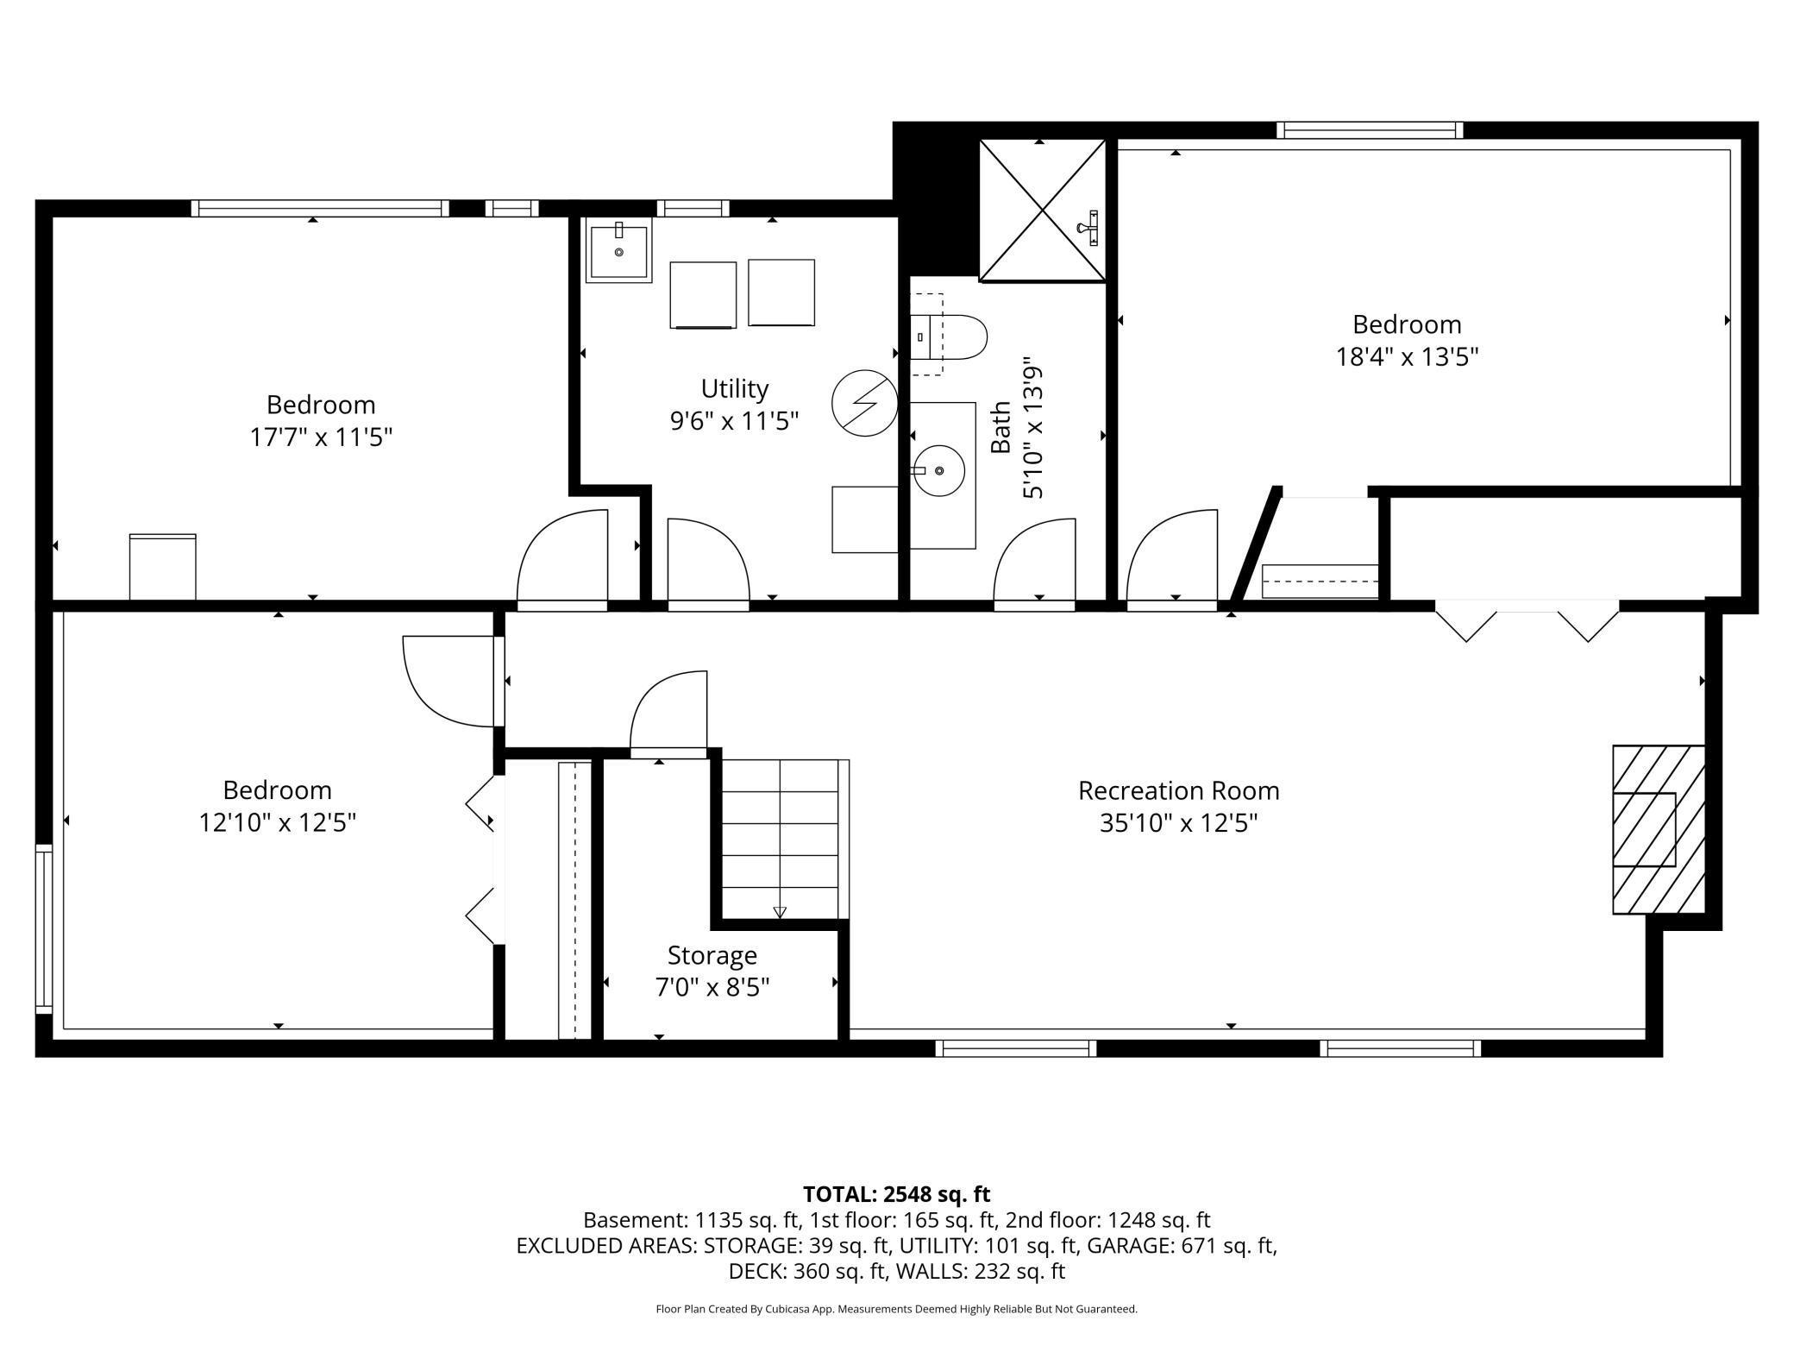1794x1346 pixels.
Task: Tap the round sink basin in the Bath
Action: click(939, 470)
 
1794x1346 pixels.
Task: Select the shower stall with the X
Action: click(1043, 211)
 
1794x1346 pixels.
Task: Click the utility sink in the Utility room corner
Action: click(619, 250)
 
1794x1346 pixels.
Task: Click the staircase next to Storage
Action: click(781, 840)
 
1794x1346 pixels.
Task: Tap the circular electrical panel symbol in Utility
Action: click(865, 403)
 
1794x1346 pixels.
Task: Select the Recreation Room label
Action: click(1178, 790)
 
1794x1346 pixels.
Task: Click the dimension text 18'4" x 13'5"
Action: click(1408, 356)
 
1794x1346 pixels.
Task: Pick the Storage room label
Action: click(712, 955)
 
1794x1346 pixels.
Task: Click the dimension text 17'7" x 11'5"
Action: click(321, 437)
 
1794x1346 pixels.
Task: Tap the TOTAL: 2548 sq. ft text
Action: click(897, 1194)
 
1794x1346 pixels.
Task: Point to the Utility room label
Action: click(735, 388)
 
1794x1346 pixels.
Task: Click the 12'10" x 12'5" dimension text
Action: click(278, 822)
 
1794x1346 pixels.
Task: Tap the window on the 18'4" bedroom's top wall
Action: click(1370, 130)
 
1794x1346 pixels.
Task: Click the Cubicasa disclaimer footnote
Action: click(897, 1309)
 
